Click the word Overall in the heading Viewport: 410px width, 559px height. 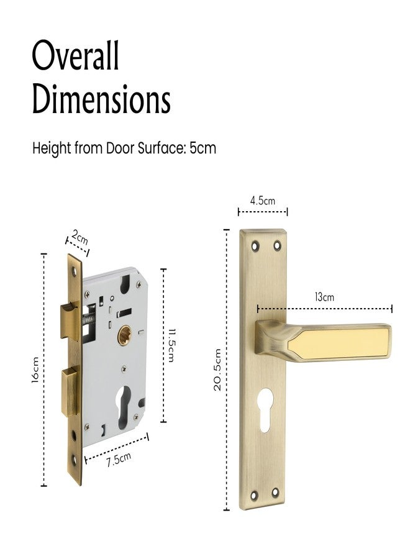coord(75,57)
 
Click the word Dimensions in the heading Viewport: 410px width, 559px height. coord(101,99)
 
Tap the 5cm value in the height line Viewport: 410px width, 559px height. coord(203,149)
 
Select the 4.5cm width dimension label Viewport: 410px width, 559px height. coord(262,201)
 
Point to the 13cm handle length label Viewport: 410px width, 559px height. coord(324,297)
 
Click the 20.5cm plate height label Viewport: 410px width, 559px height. coord(217,370)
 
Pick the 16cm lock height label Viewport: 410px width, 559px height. coord(35,370)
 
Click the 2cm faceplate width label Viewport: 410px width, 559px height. coord(79,236)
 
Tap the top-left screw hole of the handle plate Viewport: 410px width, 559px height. coord(255,247)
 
